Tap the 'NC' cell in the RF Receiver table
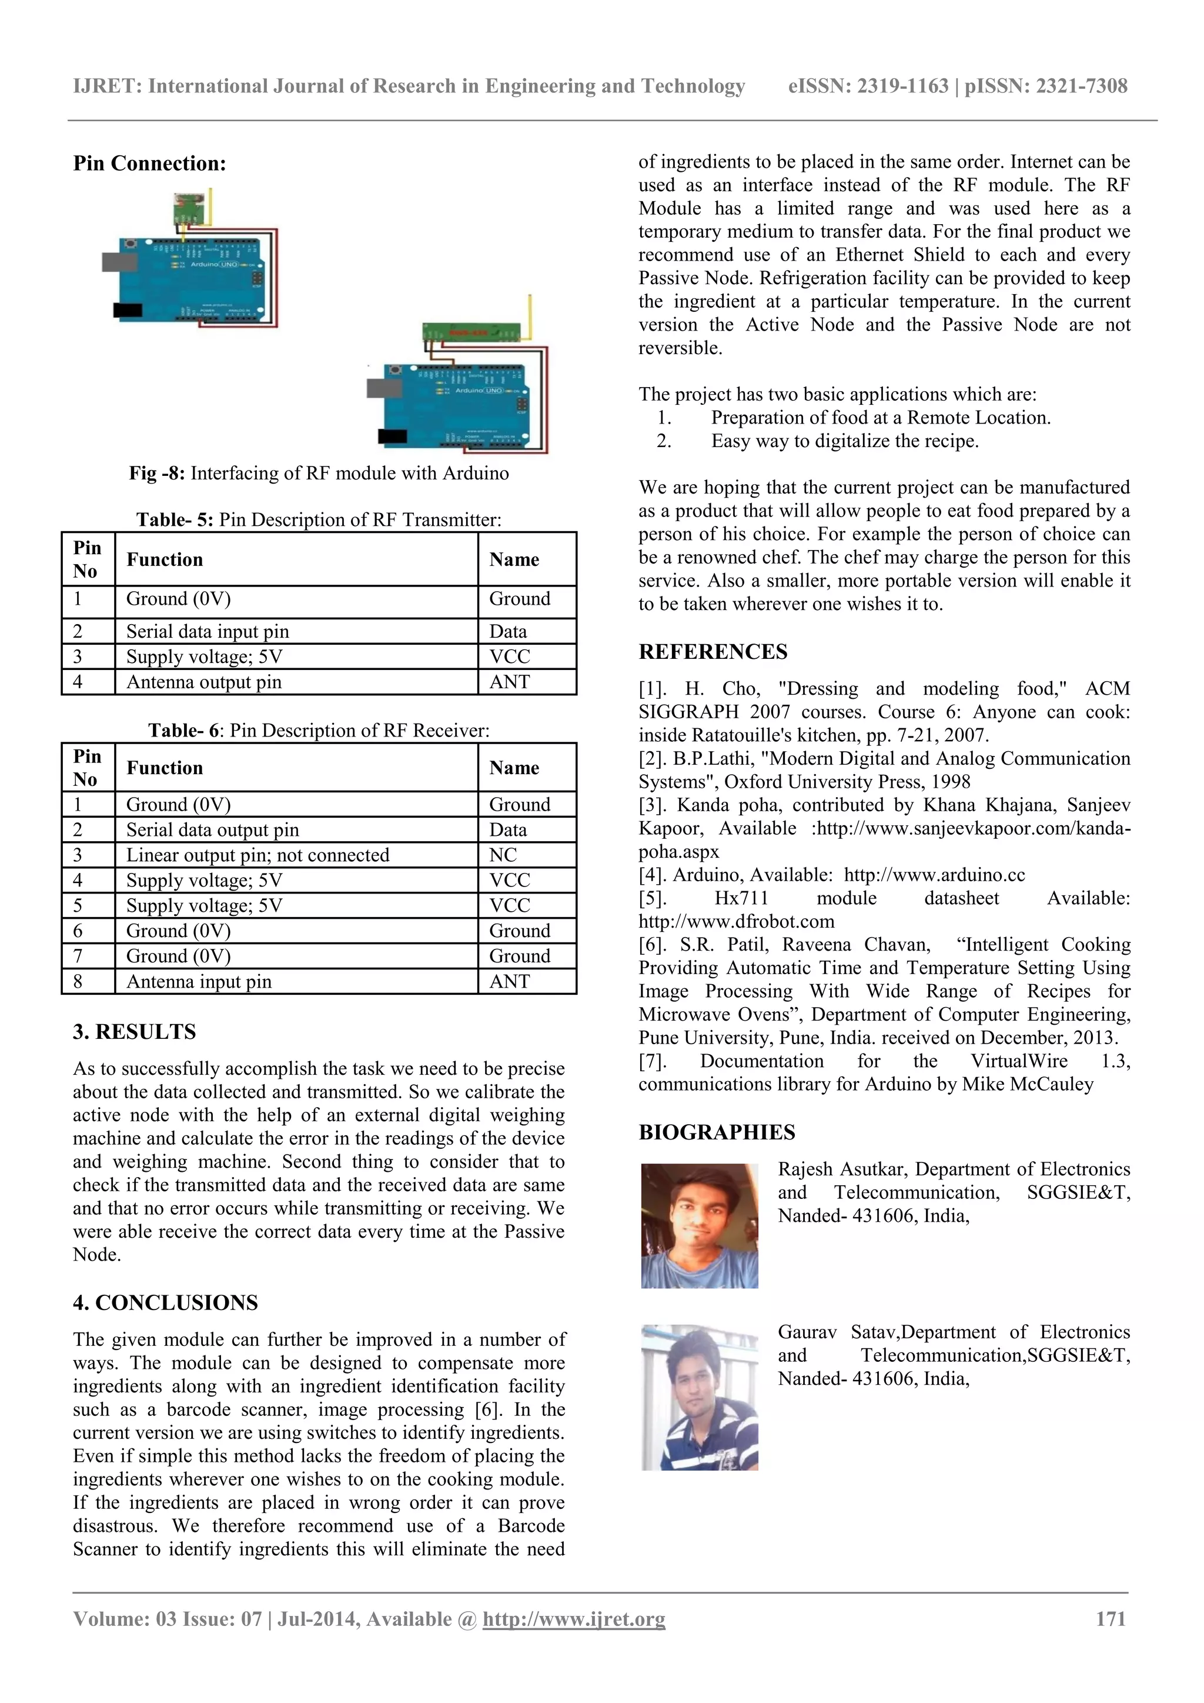[x=503, y=855]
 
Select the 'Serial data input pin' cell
[x=208, y=631]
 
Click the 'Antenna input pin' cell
[x=199, y=981]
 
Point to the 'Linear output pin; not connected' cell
[x=257, y=855]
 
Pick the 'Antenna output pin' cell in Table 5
[x=204, y=682]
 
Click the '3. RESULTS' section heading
[x=134, y=1032]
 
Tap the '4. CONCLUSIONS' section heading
[x=165, y=1302]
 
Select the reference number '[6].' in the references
[x=653, y=945]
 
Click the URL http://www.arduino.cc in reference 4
[x=934, y=875]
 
